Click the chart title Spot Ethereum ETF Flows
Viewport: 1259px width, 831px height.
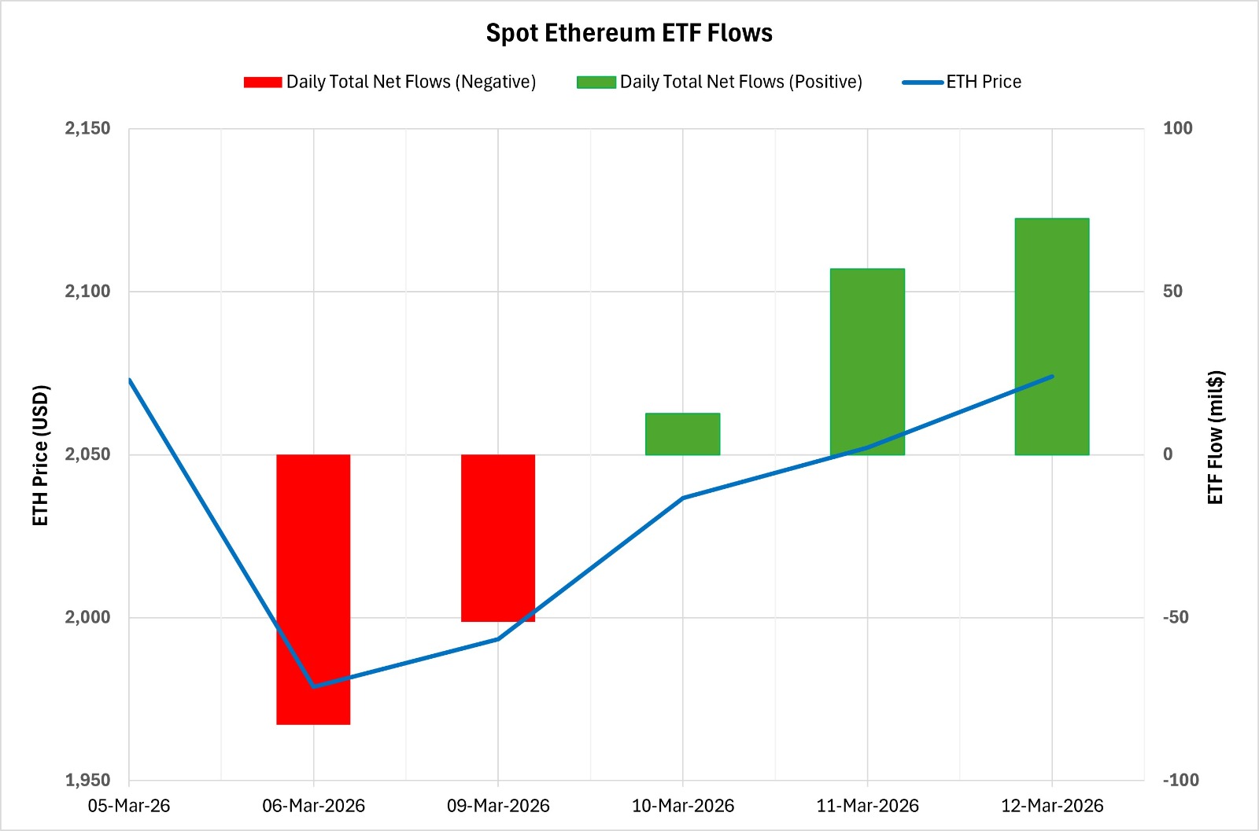tap(629, 33)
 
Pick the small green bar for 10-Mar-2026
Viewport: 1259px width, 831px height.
tap(682, 434)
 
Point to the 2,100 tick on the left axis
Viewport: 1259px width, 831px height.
tap(87, 292)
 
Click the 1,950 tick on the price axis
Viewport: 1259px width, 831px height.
tap(87, 780)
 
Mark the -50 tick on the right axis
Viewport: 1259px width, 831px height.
tap(1176, 617)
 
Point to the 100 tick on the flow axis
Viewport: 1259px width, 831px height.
tap(1177, 128)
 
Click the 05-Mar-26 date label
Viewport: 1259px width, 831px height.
tap(129, 806)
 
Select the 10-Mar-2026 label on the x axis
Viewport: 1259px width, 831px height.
tap(682, 806)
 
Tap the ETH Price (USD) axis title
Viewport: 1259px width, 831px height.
tap(41, 455)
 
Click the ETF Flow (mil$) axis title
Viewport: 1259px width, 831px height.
tap(1216, 437)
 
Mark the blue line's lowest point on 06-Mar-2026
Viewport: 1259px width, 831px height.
tap(313, 686)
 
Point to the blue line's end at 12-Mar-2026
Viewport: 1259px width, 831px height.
tap(1052, 377)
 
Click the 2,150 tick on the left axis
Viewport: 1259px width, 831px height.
tap(87, 128)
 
